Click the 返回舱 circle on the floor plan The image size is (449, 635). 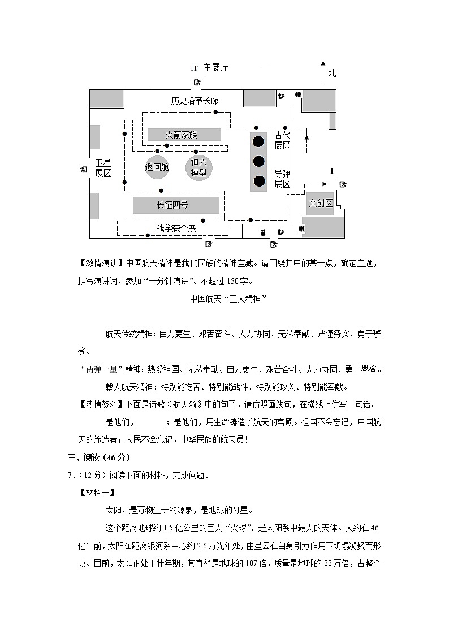click(x=157, y=167)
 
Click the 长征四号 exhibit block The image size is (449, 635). click(x=176, y=205)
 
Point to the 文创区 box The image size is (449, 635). click(x=321, y=204)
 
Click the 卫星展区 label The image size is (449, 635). click(x=103, y=168)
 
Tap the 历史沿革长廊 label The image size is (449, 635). click(x=195, y=101)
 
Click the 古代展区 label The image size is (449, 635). click(x=282, y=140)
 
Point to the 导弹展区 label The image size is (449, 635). click(x=282, y=178)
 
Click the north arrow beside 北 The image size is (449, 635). click(x=322, y=72)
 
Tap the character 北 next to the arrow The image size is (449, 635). click(x=332, y=73)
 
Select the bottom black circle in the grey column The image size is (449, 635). click(x=259, y=181)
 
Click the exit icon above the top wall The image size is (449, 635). click(x=197, y=83)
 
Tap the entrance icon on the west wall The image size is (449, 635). click(x=84, y=169)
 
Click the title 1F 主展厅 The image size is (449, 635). click(x=209, y=68)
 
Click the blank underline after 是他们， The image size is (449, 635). click(x=152, y=422)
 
